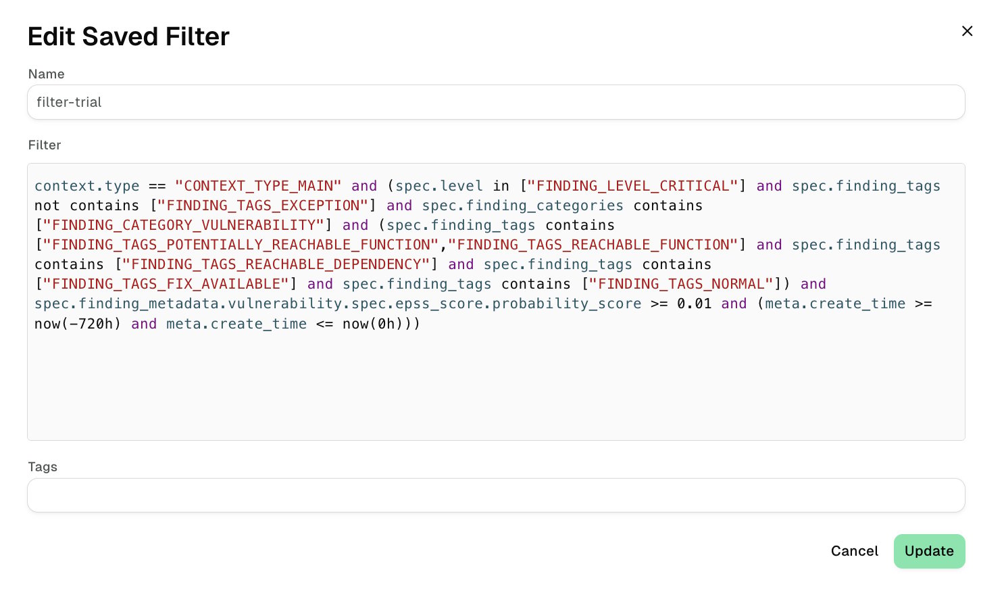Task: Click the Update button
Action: pyautogui.click(x=929, y=551)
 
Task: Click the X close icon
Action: pyautogui.click(x=968, y=31)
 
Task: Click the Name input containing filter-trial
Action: pyautogui.click(x=496, y=102)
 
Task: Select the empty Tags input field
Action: pyautogui.click(x=496, y=495)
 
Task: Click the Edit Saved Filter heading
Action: pyautogui.click(x=128, y=37)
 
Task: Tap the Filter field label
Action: pyautogui.click(x=45, y=145)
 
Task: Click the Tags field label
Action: pyautogui.click(x=43, y=466)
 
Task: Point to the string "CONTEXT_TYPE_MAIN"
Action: pyautogui.click(x=258, y=186)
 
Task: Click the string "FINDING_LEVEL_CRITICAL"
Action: pyautogui.click(x=632, y=186)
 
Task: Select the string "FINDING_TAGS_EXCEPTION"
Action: pyautogui.click(x=263, y=206)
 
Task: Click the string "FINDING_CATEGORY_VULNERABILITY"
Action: pyautogui.click(x=183, y=225)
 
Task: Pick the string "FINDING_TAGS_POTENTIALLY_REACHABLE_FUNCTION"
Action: pyautogui.click(x=241, y=245)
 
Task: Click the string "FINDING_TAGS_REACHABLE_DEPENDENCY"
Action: pyautogui.click(x=276, y=264)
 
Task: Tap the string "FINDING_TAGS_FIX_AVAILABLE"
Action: pyautogui.click(x=166, y=284)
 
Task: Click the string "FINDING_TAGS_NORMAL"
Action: pyautogui.click(x=681, y=284)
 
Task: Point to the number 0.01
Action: pyautogui.click(x=695, y=304)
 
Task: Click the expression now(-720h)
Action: pyautogui.click(x=78, y=324)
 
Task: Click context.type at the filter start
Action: pyautogui.click(x=87, y=186)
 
